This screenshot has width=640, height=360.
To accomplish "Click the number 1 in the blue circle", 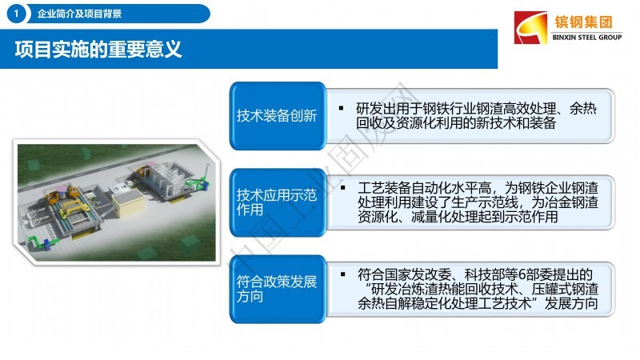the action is (16, 14).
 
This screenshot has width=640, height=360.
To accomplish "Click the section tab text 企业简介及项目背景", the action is (79, 14).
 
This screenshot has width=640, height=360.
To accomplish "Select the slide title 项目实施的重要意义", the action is (98, 49).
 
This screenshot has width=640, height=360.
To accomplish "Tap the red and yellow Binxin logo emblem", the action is (530, 27).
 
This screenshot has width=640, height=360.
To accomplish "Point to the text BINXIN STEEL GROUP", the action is (587, 37).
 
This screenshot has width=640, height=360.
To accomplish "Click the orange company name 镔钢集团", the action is (583, 22).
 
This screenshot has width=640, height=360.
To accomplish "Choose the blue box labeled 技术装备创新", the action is (278, 116).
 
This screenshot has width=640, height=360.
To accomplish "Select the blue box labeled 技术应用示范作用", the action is (278, 202).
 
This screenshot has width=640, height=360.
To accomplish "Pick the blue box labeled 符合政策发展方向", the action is (278, 289).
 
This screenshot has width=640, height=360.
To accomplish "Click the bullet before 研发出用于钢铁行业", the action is (342, 109).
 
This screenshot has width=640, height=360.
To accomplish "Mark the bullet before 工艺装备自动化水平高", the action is (343, 188).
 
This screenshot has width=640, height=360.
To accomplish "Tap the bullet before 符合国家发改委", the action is (343, 274).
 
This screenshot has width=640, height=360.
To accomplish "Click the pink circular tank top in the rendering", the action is (62, 188).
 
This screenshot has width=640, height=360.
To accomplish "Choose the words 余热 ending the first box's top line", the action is (583, 109).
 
